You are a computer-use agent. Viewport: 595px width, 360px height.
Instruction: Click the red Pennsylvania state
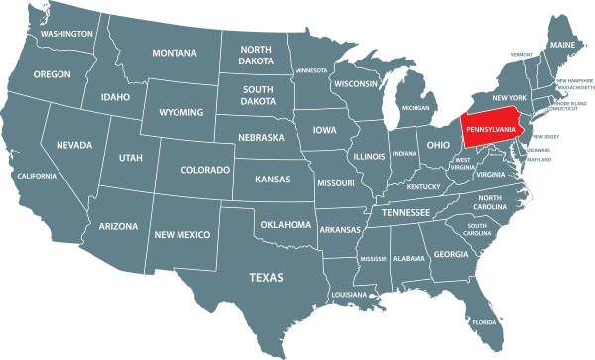492,131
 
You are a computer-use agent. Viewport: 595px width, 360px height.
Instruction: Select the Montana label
175,53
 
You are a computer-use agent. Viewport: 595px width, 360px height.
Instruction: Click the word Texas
266,277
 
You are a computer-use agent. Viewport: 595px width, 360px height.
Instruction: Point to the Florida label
484,322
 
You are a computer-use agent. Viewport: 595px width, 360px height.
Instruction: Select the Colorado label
205,171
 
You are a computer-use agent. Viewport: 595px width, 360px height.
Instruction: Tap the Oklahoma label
286,225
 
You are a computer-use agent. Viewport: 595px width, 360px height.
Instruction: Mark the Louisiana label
349,295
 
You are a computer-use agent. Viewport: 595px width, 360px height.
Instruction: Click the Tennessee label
407,213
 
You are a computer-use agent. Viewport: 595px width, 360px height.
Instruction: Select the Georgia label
451,254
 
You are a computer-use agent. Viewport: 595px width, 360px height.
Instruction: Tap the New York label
509,97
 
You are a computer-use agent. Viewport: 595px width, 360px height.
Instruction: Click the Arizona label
119,226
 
